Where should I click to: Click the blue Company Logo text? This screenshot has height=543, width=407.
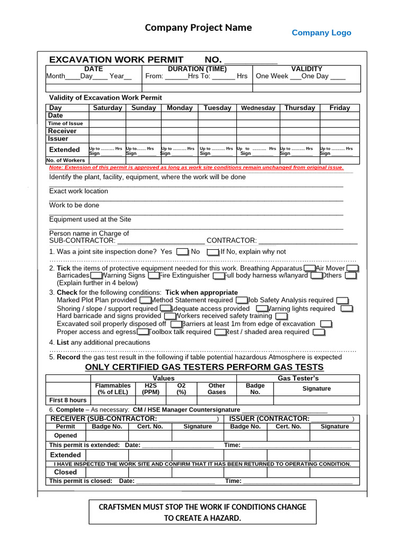click(x=321, y=33)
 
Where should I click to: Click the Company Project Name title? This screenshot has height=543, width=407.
click(x=198, y=28)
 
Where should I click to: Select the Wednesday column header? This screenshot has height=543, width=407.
click(x=258, y=108)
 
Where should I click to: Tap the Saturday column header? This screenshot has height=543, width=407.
click(x=108, y=108)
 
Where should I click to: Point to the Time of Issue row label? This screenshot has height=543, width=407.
click(x=66, y=123)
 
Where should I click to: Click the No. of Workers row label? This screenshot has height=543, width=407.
click(x=66, y=160)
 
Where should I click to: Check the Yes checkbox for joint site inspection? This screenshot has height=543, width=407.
click(x=182, y=252)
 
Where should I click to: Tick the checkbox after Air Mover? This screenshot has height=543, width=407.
click(x=352, y=269)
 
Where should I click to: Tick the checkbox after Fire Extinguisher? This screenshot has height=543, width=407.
click(x=218, y=276)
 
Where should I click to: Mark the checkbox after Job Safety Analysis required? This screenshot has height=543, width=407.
click(x=342, y=301)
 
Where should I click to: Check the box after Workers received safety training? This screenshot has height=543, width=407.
click(x=281, y=317)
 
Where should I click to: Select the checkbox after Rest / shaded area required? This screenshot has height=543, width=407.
click(x=318, y=332)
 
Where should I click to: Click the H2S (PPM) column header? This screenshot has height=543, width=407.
click(x=151, y=389)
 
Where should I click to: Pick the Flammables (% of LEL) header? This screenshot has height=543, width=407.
click(x=112, y=389)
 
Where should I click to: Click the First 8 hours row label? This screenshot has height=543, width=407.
click(x=68, y=400)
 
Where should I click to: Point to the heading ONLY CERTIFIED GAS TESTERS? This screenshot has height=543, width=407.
click(x=204, y=367)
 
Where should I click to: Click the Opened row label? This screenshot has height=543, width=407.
click(x=66, y=436)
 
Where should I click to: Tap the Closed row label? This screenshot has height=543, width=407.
click(x=66, y=472)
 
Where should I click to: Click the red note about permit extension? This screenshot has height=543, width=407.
click(x=196, y=168)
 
